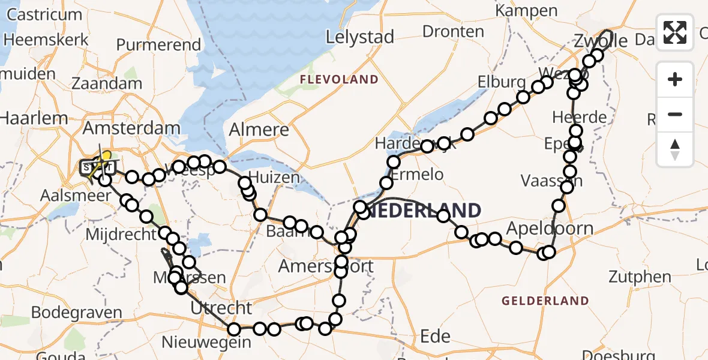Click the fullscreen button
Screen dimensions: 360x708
(x=675, y=32)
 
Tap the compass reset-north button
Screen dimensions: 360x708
(x=675, y=149)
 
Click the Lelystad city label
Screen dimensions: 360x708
(x=360, y=37)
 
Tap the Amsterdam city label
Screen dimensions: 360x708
(x=131, y=128)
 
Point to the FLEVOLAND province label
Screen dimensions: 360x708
(x=339, y=80)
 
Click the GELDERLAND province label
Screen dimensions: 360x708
(x=545, y=301)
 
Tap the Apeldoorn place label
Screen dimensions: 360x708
(x=550, y=229)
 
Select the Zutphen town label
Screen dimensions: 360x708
(x=640, y=277)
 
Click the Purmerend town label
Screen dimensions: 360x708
(x=158, y=44)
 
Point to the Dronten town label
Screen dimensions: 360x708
(x=453, y=31)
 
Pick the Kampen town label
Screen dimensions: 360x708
(x=526, y=10)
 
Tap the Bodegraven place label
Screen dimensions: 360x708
(x=77, y=313)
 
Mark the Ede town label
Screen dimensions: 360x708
(x=436, y=337)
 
